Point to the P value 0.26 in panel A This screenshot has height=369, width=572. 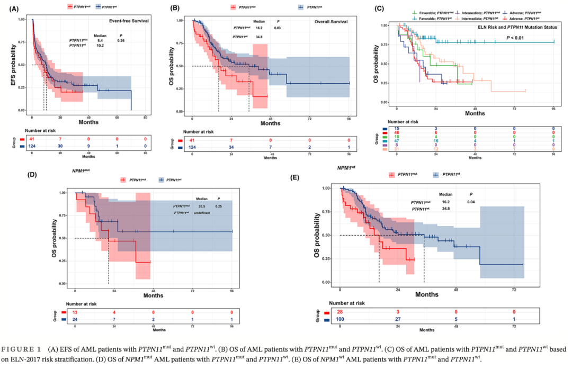121,40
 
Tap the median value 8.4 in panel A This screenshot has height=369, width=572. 99,40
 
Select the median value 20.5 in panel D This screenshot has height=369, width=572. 202,205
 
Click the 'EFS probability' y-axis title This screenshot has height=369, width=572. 11,65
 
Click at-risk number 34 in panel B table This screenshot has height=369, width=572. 231,147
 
